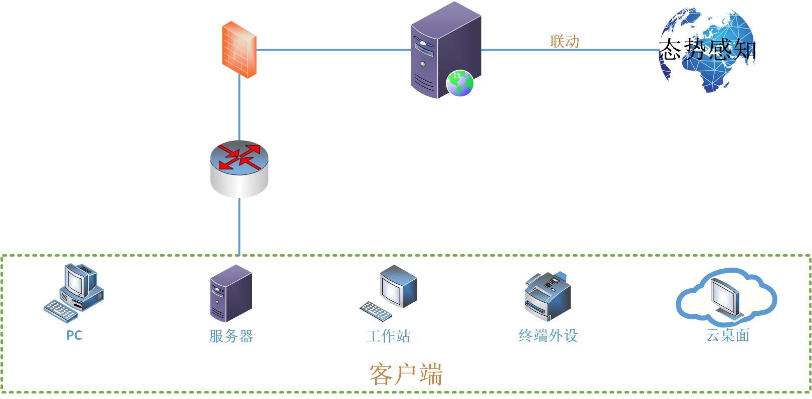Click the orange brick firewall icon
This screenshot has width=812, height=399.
[239, 50]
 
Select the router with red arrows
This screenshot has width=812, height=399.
[239, 168]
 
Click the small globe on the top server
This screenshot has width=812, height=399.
[460, 83]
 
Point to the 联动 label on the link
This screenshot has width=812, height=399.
[565, 41]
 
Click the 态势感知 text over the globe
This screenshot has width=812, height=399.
[707, 50]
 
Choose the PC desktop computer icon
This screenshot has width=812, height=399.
[80, 286]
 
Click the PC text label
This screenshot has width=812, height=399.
[74, 335]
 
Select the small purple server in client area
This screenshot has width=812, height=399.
[230, 293]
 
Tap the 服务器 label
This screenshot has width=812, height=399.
[231, 336]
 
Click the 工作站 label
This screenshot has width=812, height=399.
[388, 336]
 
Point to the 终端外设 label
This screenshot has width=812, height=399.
[548, 335]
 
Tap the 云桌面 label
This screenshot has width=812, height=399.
[727, 335]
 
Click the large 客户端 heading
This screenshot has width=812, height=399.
[406, 374]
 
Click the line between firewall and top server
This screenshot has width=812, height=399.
[333, 50]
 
